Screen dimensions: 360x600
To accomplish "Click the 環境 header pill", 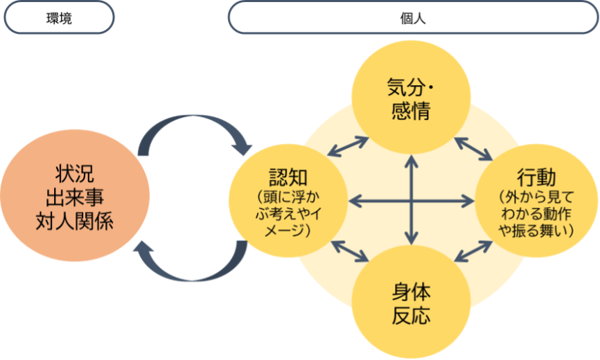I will click(58, 17).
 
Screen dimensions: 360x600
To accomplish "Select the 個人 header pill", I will click(413, 17).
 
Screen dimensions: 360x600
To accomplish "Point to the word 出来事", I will click(75, 197).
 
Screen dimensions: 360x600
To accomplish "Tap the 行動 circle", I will click(536, 201).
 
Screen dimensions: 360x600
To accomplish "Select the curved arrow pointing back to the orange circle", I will click(194, 267).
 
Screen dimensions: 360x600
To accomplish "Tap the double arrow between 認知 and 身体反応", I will click(350, 251).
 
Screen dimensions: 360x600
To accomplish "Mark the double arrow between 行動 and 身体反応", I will click(473, 251).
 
